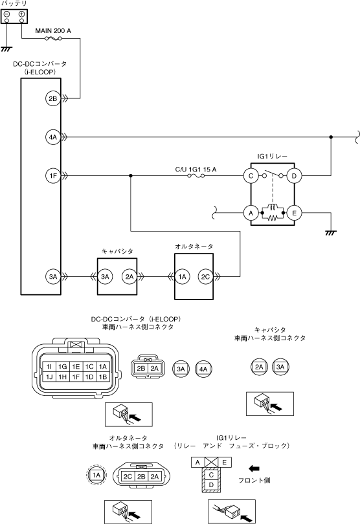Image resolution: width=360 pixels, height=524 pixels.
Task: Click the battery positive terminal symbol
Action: pos(21,14)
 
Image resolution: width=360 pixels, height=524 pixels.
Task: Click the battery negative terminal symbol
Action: pos(6,14)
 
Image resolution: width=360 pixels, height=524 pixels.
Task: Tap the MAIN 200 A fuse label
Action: pos(53,31)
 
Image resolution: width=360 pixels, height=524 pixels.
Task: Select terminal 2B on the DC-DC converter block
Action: pos(52,98)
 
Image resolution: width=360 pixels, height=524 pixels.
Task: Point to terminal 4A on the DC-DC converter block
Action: pos(52,137)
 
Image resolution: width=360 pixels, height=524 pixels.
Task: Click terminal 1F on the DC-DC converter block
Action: pos(52,175)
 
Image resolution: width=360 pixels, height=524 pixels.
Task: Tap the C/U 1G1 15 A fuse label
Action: pos(196,169)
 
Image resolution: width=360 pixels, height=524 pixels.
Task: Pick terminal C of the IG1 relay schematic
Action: pos(251,176)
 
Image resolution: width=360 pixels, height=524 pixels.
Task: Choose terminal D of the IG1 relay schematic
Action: pos(294,176)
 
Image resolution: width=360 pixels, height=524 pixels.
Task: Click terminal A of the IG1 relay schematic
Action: pos(251,213)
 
